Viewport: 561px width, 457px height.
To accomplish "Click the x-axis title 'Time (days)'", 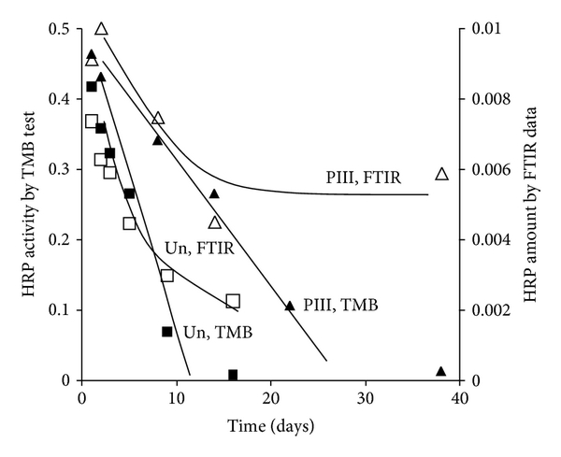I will (269, 426).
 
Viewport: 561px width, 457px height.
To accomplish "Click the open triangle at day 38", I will (441, 174).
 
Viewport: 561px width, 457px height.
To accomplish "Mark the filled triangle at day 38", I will (441, 371).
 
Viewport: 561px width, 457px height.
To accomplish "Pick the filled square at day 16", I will (233, 375).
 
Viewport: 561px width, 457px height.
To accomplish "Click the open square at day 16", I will (233, 301).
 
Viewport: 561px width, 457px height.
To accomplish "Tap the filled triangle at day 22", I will (290, 306).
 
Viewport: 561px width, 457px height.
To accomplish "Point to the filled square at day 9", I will (167, 331).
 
